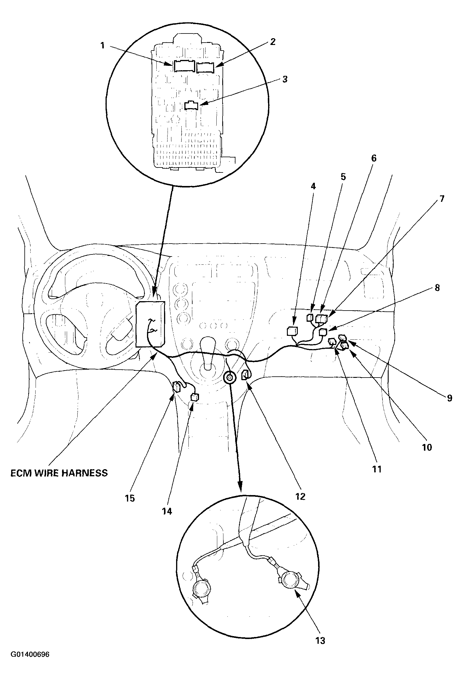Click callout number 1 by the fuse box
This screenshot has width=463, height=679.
102,46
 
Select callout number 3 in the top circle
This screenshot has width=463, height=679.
285,79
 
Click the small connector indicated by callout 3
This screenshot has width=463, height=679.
191,105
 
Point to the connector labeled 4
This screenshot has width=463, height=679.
292,331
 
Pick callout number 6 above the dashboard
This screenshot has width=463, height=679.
374,158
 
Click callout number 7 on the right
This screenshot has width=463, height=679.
442,199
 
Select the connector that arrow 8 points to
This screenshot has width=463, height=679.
323,332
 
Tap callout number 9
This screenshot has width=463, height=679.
449,398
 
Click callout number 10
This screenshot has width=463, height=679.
427,447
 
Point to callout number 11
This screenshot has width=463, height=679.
377,469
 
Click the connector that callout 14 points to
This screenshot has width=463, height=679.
195,397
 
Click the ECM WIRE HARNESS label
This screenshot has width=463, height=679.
59,473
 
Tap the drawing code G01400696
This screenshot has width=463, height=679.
30,669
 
